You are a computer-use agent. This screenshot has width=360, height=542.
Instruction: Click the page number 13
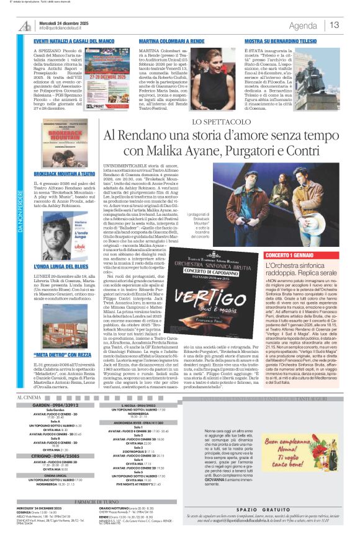click(x=335, y=25)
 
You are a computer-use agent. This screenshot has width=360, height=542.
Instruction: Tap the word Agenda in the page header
click(x=303, y=25)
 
